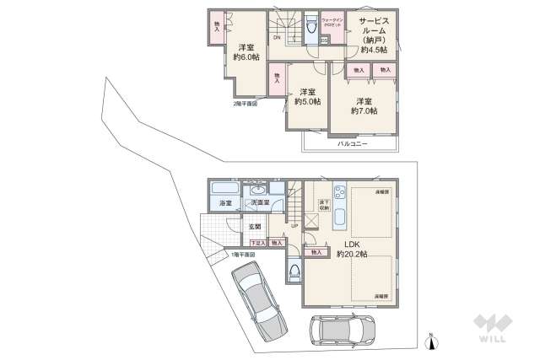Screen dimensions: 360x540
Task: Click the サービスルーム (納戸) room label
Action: click(373, 34)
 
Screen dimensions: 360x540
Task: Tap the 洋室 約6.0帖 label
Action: click(246, 52)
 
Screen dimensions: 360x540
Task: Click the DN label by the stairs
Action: click(277, 38)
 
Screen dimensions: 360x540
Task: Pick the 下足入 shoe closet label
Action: click(258, 243)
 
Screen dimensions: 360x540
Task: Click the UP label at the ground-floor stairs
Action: click(294, 226)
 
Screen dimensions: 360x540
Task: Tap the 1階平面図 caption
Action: click(243, 254)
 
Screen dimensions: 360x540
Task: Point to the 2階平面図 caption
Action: click(246, 104)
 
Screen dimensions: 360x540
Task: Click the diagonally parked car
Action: click(256, 299)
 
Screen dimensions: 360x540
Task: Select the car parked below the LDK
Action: click(343, 330)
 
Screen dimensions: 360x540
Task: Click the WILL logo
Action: click(490, 329)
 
